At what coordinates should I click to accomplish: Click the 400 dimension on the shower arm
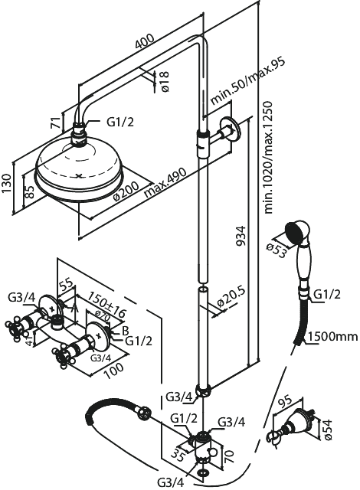(x=145, y=42)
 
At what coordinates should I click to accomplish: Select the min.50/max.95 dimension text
(x=248, y=81)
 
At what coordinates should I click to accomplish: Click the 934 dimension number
(x=241, y=236)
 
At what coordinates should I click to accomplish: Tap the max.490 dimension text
(x=165, y=182)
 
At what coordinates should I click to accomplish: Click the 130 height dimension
(x=6, y=184)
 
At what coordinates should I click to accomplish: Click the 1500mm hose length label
(x=332, y=337)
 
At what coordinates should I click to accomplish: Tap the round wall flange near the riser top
(x=231, y=129)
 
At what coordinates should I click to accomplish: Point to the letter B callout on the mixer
(x=125, y=330)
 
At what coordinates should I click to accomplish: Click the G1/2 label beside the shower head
(x=120, y=122)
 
